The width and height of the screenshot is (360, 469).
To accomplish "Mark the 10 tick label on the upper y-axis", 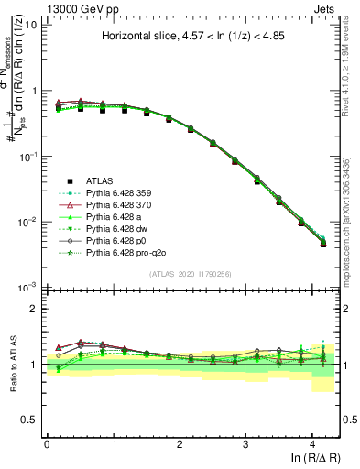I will click(30, 25).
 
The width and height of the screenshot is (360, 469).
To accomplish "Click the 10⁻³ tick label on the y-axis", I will click(27, 289).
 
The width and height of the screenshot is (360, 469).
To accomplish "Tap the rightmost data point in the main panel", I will click(322, 243).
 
